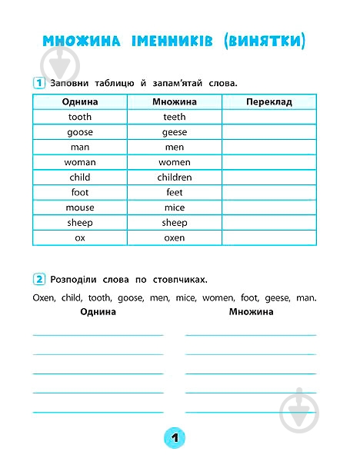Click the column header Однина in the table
pyautogui.click(x=80, y=101)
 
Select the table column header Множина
pyautogui.click(x=175, y=101)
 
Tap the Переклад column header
pyautogui.click(x=269, y=101)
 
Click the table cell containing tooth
pyautogui.click(x=80, y=117)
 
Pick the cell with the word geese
pyautogui.click(x=175, y=131)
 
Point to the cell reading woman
pyautogui.click(x=80, y=162)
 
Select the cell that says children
pyautogui.click(x=175, y=177)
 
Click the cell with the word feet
pyautogui.click(x=175, y=192)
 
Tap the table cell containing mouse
pyautogui.click(x=80, y=207)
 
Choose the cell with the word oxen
pyautogui.click(x=175, y=237)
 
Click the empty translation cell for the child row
pyautogui.click(x=269, y=177)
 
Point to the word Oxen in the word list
pyautogui.click(x=45, y=297)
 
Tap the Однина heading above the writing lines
pyautogui.click(x=98, y=312)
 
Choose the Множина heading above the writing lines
pyautogui.click(x=251, y=312)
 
